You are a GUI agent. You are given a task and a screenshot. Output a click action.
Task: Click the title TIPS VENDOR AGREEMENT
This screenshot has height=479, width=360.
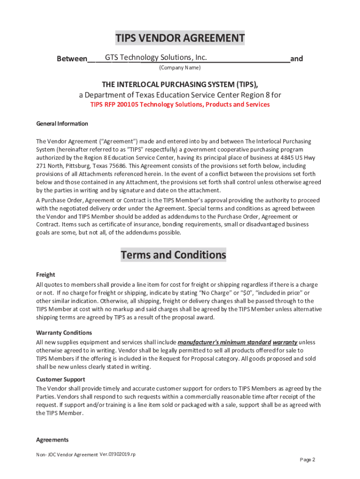[x=180, y=38]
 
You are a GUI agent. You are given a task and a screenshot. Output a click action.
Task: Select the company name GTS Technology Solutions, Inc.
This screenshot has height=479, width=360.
[x=156, y=58]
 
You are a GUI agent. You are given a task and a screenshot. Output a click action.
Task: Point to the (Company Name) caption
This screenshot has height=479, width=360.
[x=180, y=68]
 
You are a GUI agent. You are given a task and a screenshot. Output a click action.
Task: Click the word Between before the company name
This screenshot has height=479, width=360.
[x=72, y=59]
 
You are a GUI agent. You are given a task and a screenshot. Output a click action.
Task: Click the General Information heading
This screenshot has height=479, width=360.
[x=62, y=124]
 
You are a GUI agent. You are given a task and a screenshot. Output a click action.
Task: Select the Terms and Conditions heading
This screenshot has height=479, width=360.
[x=173, y=255]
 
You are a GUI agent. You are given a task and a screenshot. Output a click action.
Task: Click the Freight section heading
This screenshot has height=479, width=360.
[x=46, y=275]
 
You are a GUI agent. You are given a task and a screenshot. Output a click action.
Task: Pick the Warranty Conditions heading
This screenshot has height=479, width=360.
[x=64, y=333]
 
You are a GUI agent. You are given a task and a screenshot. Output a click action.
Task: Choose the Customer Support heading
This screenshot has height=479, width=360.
[x=61, y=379]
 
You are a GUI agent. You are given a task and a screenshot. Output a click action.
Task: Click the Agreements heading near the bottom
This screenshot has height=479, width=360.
[x=52, y=440]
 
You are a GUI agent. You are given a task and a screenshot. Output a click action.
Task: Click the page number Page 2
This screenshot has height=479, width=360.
[x=307, y=460]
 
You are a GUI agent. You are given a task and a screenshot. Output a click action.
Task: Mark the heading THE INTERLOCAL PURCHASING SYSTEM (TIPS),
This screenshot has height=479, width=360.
[x=180, y=84]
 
